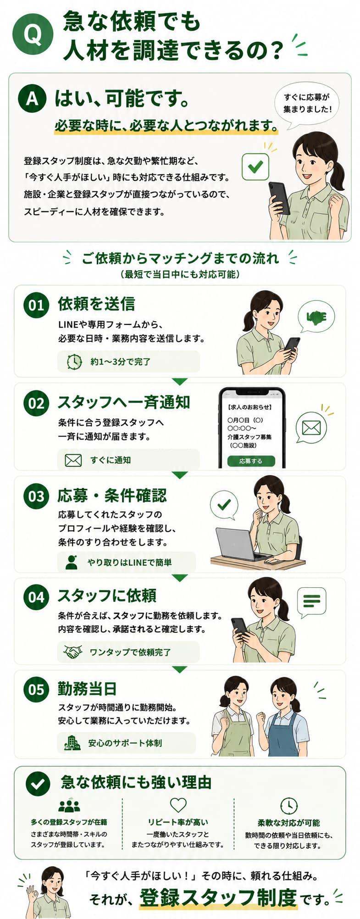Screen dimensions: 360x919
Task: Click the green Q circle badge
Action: (x=33, y=34)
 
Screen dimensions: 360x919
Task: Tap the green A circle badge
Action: (x=33, y=98)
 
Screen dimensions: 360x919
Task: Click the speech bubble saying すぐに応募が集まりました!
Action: (x=307, y=105)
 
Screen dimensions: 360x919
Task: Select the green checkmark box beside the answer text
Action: (x=255, y=166)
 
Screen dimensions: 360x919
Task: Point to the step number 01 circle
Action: (x=36, y=305)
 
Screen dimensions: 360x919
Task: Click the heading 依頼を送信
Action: (x=96, y=304)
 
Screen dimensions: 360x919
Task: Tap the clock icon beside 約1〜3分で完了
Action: (x=74, y=362)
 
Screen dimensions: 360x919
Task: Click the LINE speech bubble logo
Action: (x=316, y=317)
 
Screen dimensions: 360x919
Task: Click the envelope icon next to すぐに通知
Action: (x=73, y=460)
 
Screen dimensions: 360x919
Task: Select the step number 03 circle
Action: (x=36, y=496)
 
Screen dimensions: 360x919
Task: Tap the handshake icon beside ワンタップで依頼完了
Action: (x=73, y=652)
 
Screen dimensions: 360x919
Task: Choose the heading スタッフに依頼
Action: (x=107, y=596)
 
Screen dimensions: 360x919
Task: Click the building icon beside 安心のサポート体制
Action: (x=72, y=743)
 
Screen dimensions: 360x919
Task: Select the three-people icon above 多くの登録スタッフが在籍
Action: (x=69, y=806)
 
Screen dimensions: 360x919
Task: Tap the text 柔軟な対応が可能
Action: (x=288, y=823)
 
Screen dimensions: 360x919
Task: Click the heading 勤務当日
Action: (x=87, y=688)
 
